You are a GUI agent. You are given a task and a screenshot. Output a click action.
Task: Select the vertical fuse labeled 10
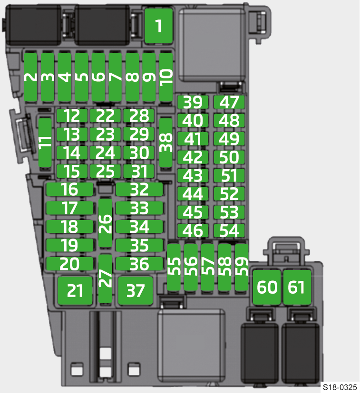pos(166,77)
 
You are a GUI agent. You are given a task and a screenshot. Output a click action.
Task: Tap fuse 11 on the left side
pos(45,143)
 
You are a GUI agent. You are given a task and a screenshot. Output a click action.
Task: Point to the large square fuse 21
pos(75,290)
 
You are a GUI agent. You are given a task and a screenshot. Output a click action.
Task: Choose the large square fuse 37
pos(136,290)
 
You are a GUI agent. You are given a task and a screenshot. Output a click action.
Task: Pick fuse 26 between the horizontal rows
pos(106,223)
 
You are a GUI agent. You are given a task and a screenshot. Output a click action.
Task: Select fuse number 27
pos(106,279)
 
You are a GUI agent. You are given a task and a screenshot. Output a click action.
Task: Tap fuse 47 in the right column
pos(229,103)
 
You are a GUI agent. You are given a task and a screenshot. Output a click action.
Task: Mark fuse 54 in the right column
pos(229,231)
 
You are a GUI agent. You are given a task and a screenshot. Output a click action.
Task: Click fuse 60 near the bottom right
pos(267,288)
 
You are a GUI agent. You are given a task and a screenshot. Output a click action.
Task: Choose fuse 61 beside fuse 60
pos(297,288)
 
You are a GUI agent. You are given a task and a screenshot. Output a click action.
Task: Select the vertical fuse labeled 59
pos(242,267)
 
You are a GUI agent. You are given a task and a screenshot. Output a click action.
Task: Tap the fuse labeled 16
pos(70,190)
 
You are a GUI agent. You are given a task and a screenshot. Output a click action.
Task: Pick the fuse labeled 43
pos(193,176)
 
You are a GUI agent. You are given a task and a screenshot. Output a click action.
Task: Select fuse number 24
pos(105,153)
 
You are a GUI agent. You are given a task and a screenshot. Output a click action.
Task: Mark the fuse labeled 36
pos(139,264)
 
